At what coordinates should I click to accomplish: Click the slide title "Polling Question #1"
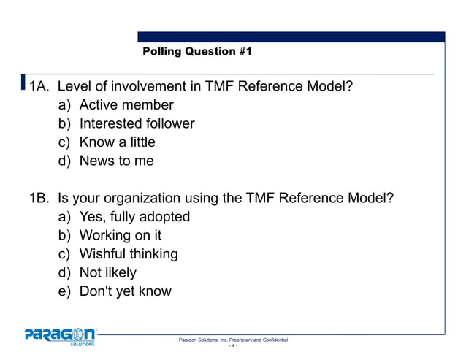point(197,52)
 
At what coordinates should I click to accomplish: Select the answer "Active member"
point(126,106)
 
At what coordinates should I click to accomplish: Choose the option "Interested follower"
point(137,124)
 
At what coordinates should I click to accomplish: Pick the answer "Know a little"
point(117,142)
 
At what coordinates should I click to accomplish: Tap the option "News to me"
point(116,161)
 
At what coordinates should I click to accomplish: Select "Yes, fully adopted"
point(134,217)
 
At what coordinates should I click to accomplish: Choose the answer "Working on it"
point(121,235)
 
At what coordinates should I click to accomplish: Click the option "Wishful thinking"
point(129,254)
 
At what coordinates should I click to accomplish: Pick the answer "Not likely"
point(107,272)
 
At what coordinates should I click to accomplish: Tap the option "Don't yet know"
point(125,291)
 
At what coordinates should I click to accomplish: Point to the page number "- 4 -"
point(233,348)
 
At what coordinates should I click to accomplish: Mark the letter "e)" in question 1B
point(66,291)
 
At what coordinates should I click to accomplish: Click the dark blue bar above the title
point(291,37)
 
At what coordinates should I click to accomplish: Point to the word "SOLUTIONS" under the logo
point(82,345)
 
